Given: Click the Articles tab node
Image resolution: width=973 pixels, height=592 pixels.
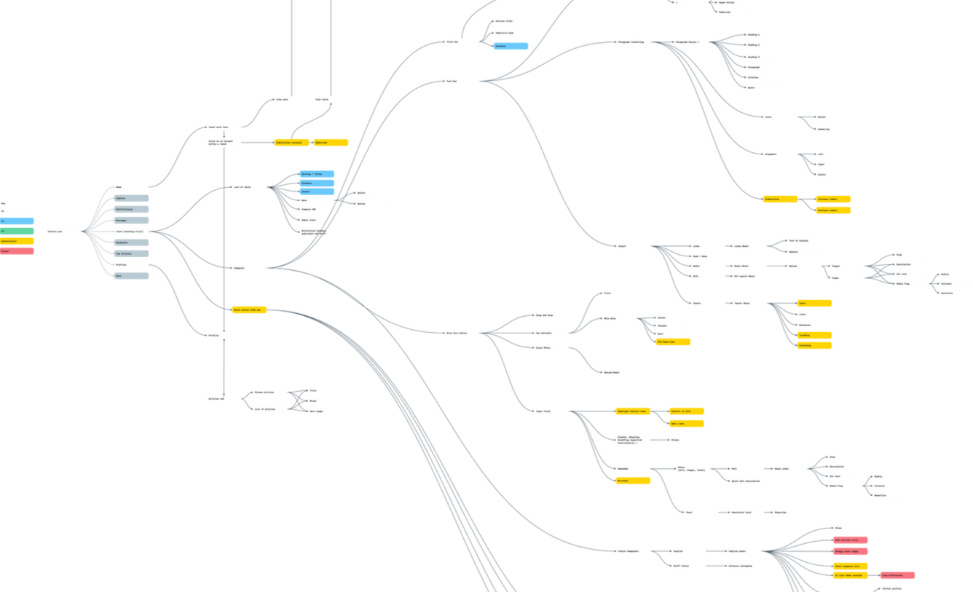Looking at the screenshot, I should (x=224, y=399).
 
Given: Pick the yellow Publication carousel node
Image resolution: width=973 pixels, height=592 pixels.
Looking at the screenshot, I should (x=292, y=143).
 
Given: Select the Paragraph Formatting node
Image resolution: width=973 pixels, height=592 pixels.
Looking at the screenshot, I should (x=633, y=42).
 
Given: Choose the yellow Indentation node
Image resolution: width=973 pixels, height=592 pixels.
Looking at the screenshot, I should (x=779, y=199).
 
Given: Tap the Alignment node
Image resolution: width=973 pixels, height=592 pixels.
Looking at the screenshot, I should (x=779, y=154).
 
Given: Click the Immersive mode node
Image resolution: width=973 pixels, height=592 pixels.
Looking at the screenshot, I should (x=511, y=33).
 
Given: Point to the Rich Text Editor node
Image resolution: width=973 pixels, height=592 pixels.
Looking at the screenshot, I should (x=462, y=333).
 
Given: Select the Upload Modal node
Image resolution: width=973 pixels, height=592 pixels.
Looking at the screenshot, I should (x=619, y=371).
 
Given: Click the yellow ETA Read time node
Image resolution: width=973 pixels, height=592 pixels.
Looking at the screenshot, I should (x=673, y=342).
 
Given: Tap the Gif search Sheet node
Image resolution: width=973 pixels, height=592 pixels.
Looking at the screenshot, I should (x=749, y=277).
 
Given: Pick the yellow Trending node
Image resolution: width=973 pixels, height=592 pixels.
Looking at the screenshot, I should (x=814, y=336).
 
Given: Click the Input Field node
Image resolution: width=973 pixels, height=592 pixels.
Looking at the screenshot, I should (x=552, y=411).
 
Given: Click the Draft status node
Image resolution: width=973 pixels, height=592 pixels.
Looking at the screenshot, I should (x=688, y=564).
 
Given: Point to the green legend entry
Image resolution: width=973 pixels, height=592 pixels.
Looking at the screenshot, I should (x=17, y=231).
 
